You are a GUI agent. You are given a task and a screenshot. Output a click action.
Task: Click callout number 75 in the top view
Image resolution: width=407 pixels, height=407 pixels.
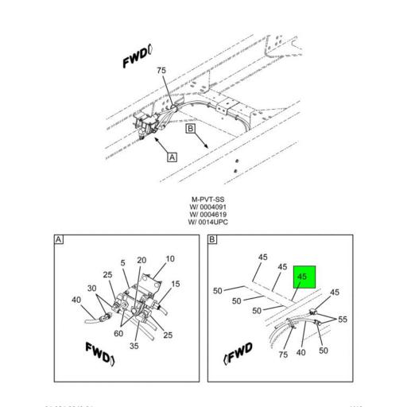(161, 70)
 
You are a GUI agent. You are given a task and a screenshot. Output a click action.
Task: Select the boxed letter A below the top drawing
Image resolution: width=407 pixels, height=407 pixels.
(172, 157)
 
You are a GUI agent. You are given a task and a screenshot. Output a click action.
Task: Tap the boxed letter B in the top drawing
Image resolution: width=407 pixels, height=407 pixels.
(190, 127)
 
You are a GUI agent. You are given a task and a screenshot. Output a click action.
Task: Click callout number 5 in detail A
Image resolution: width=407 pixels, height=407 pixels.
(123, 263)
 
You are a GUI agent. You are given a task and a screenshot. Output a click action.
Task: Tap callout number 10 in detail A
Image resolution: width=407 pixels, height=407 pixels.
(170, 259)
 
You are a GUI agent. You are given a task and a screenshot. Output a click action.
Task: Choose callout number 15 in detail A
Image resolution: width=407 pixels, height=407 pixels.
(176, 284)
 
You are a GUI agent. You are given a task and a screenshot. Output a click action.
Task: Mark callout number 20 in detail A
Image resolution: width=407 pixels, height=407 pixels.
(141, 260)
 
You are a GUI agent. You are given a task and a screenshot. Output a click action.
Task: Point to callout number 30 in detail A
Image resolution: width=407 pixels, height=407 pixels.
(91, 289)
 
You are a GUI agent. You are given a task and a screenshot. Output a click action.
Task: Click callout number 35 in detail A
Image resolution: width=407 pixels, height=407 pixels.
(134, 346)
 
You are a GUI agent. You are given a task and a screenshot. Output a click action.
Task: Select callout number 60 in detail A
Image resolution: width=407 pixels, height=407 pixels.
(118, 335)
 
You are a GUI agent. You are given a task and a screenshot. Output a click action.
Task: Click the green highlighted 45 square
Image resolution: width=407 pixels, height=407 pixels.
(302, 277)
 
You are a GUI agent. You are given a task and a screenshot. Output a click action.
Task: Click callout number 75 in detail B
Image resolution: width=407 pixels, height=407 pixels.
(283, 354)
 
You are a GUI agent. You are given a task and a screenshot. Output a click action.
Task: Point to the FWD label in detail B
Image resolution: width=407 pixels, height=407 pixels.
(238, 351)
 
